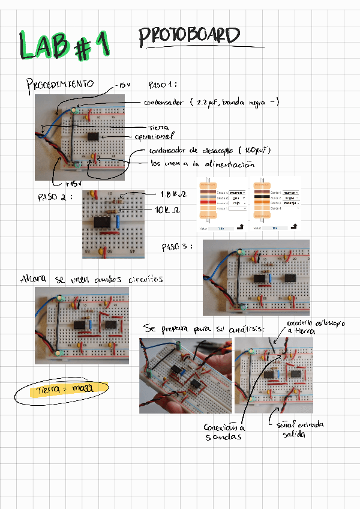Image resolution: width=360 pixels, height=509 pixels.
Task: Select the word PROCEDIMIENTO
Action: [60, 84]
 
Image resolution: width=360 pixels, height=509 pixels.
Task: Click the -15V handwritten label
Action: [124, 85]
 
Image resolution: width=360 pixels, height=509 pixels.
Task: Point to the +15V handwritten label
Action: [72, 183]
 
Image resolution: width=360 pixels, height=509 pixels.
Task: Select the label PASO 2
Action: [55, 197]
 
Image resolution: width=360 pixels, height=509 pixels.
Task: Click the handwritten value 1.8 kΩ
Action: [175, 194]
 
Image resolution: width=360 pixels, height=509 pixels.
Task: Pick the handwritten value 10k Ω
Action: [167, 210]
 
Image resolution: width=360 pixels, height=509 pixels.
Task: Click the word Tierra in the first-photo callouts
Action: [160, 127]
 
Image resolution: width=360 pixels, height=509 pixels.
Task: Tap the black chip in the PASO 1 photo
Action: [94, 137]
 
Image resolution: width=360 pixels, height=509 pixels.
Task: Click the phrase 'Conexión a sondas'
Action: [224, 432]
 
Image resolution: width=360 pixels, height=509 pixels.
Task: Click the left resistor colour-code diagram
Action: [222, 203]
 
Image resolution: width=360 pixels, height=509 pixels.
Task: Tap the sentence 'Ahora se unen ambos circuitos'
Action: [91, 279]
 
